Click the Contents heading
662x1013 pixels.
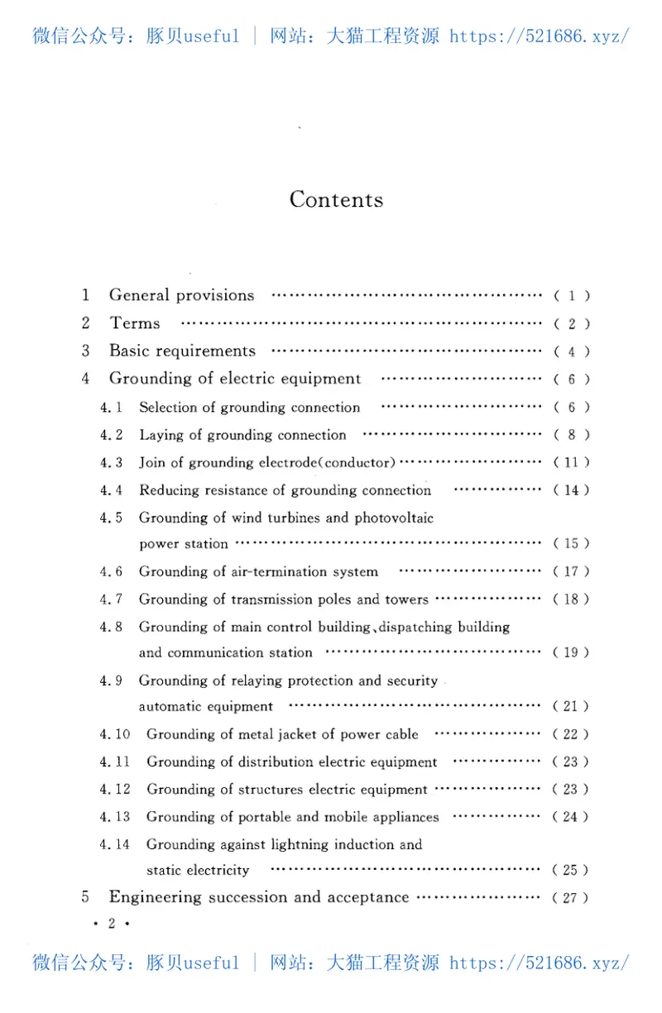(x=336, y=199)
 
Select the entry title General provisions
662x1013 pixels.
(x=182, y=295)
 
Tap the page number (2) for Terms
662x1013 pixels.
(x=571, y=324)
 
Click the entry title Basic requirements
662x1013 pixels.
(x=182, y=351)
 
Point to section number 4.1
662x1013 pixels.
(x=111, y=408)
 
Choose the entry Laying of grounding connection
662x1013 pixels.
(x=242, y=435)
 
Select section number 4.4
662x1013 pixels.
(x=111, y=490)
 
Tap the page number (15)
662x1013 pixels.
(x=571, y=544)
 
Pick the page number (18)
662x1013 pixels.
(x=571, y=600)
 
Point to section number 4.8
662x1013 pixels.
(x=111, y=627)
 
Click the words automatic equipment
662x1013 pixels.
(x=205, y=707)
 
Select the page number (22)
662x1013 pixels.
(x=571, y=734)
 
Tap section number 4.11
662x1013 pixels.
(x=115, y=762)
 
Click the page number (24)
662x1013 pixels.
(x=571, y=817)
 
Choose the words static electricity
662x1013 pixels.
(x=198, y=870)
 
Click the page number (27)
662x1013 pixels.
(x=571, y=898)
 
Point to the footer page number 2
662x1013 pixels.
(x=111, y=924)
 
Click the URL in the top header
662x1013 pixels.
(x=540, y=36)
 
